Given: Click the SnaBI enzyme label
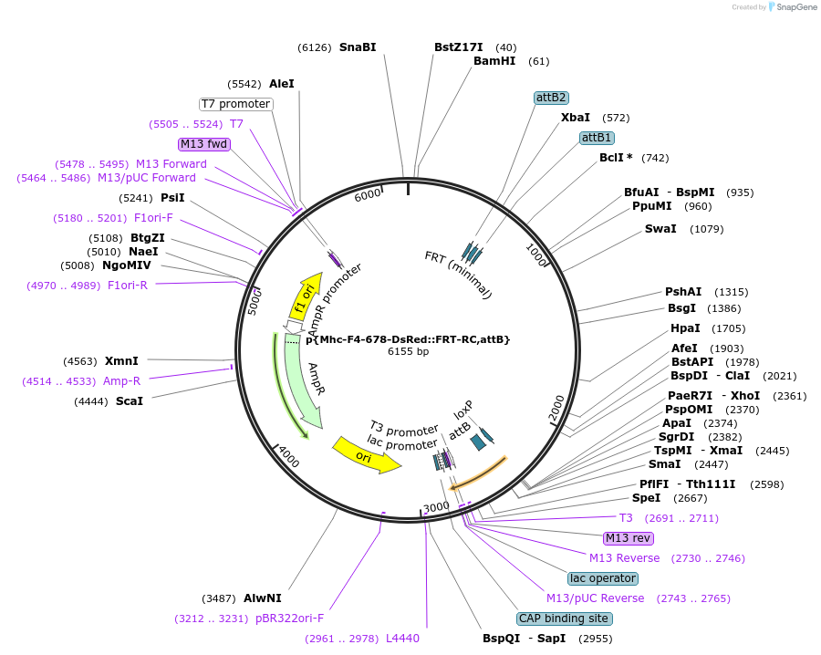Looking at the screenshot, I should [x=358, y=47].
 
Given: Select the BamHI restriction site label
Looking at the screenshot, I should [x=494, y=61].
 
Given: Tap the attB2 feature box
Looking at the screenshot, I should [x=551, y=98].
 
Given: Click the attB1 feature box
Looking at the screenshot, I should [x=597, y=138].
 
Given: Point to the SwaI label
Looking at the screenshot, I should [x=660, y=228].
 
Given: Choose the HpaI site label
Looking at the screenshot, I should [x=685, y=328].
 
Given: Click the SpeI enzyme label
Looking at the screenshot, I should [x=646, y=498].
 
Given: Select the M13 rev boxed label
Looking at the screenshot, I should [x=629, y=538].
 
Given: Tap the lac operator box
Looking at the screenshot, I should [x=602, y=578].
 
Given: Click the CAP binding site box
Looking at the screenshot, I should [x=565, y=619].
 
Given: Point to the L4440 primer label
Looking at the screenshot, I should [x=402, y=639].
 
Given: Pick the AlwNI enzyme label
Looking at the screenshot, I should [x=263, y=598].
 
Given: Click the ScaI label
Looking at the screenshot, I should [x=129, y=401].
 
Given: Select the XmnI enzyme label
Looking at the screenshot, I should [x=121, y=361].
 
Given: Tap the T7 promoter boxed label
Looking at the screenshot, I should [x=236, y=104].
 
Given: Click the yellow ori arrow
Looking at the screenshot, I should [x=366, y=453].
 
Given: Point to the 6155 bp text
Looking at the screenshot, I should [x=408, y=351].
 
